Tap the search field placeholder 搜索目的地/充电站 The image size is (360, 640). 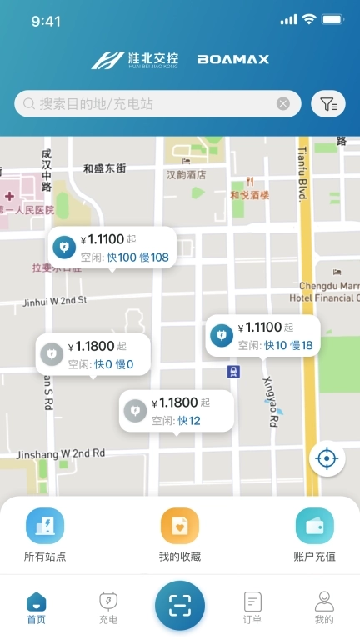click(x=96, y=104)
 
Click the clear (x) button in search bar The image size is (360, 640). click(x=283, y=104)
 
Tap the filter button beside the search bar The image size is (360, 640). click(x=328, y=104)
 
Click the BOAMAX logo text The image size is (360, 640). click(x=232, y=60)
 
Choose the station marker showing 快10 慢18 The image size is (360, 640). click(x=262, y=336)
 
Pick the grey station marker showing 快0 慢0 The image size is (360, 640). click(x=92, y=354)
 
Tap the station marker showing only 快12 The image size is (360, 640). click(x=175, y=411)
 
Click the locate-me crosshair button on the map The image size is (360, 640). click(x=327, y=458)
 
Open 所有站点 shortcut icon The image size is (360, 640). click(x=45, y=527)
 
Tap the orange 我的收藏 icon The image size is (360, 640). click(x=180, y=527)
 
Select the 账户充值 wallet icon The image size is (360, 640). click(x=315, y=527)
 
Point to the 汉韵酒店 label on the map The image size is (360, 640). click(x=186, y=175)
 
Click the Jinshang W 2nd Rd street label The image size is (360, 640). click(x=60, y=453)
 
